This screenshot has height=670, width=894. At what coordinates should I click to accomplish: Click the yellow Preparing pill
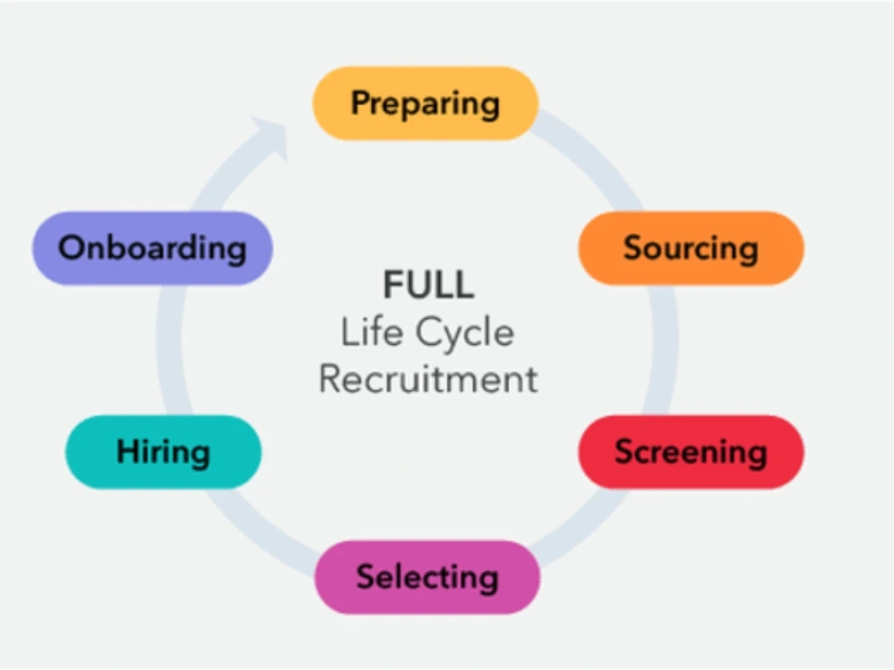pos(425,103)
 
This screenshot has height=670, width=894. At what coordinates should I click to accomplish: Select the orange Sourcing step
pos(690,247)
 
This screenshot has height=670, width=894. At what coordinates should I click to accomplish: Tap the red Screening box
pos(690,451)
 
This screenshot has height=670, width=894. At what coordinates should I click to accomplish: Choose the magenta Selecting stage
pos(427,576)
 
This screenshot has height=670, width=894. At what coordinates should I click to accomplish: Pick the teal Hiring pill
pos(164,451)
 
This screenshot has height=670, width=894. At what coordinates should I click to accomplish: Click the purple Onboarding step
pos(152,247)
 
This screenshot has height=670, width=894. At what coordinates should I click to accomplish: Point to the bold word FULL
pos(428,286)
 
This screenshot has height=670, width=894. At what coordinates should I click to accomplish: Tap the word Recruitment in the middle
pos(428,379)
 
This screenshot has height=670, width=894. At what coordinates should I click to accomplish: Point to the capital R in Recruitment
pos(331,379)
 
